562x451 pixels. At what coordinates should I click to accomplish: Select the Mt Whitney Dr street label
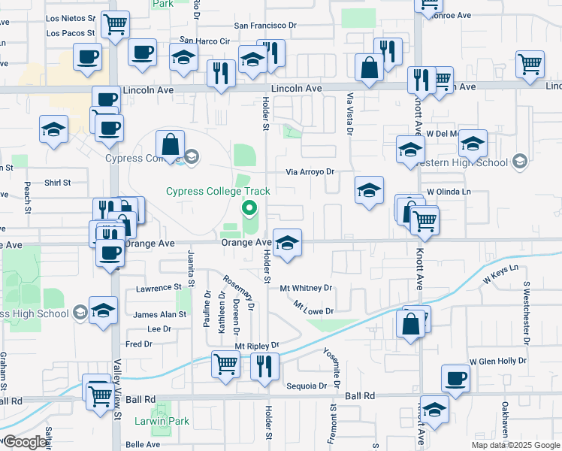pos(306,288)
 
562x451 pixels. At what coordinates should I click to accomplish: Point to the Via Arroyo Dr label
pos(309,171)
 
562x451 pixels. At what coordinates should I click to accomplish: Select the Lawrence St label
pos(159,288)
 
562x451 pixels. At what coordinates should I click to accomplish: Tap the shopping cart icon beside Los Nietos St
pos(115,23)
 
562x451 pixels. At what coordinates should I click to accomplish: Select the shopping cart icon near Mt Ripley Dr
pos(225,365)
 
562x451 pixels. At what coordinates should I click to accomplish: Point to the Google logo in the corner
pos(25,442)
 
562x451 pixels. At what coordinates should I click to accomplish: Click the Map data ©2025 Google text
pos(515,445)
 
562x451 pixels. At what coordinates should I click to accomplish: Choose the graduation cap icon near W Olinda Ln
pos(369,191)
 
